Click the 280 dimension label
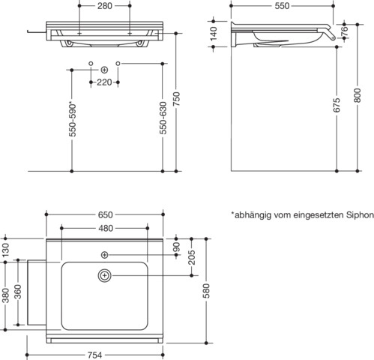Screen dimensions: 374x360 point(105,6)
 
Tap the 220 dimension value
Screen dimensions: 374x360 point(104,82)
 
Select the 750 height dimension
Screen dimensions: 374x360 point(176,99)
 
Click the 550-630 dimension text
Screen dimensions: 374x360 point(163,118)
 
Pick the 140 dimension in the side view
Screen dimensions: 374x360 point(214,34)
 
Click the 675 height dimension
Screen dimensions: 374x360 point(337,105)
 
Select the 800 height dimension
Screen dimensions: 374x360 point(358,95)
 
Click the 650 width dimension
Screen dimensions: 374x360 point(105,214)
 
